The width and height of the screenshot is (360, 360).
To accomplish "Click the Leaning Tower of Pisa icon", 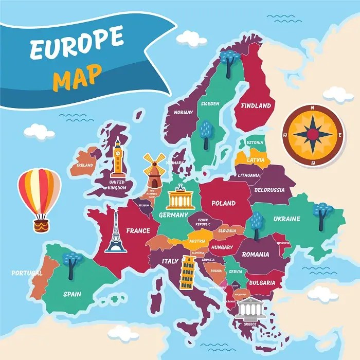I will pos(187,273).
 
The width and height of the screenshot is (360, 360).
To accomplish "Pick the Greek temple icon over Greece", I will pos(249,308).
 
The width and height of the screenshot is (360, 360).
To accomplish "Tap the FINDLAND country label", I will pos(256,106).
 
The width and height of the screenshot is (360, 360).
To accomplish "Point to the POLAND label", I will pos(224,203).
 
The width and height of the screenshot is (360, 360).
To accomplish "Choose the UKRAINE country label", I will pos(286,219).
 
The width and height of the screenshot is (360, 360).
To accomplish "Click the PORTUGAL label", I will pos(27,273).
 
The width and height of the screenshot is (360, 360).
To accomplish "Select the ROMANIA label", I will pos(255,254).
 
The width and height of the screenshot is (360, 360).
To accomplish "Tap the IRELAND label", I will pos(85,165).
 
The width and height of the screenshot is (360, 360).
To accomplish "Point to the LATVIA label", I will pos(256,160).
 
